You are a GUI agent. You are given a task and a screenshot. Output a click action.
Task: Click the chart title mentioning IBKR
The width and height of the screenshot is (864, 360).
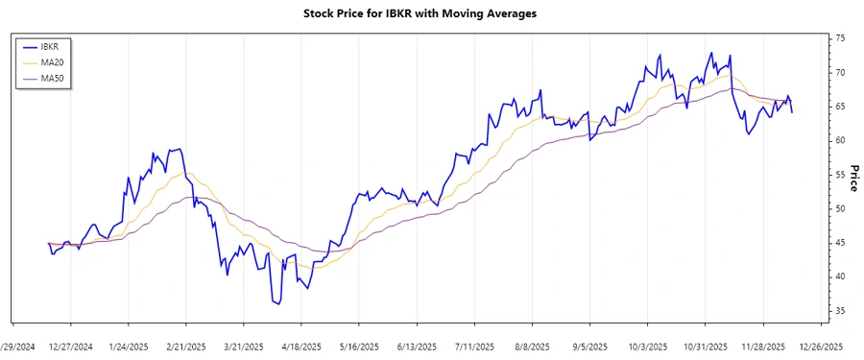pyautogui.click(x=431, y=13)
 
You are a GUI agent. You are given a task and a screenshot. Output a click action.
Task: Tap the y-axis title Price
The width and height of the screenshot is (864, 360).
pyautogui.click(x=853, y=179)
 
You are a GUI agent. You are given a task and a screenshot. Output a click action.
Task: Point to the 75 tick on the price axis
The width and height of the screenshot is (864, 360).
pyautogui.click(x=840, y=38)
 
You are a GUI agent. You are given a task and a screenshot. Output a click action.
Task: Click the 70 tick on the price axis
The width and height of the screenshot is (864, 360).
pyautogui.click(x=840, y=73)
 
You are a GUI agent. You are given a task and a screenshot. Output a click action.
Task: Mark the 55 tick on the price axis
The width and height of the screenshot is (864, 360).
pyautogui.click(x=840, y=175)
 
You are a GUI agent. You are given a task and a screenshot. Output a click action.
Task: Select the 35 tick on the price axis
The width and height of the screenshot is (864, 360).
pyautogui.click(x=840, y=311)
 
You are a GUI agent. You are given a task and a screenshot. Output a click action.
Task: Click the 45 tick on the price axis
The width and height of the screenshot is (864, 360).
pyautogui.click(x=840, y=243)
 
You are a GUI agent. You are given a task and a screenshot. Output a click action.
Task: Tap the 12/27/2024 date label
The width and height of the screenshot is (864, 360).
pyautogui.click(x=71, y=347)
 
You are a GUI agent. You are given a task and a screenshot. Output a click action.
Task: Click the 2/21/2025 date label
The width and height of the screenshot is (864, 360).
pyautogui.click(x=186, y=347)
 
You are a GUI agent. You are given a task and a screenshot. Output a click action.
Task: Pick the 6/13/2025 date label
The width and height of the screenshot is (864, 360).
pyautogui.click(x=417, y=347)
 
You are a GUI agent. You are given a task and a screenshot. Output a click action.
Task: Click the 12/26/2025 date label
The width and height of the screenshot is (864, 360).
pyautogui.click(x=821, y=347)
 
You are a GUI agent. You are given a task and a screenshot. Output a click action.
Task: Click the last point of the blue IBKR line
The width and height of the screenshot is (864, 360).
pyautogui.click(x=792, y=112)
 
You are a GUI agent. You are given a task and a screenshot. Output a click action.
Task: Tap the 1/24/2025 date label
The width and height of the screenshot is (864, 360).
pyautogui.click(x=129, y=347)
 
